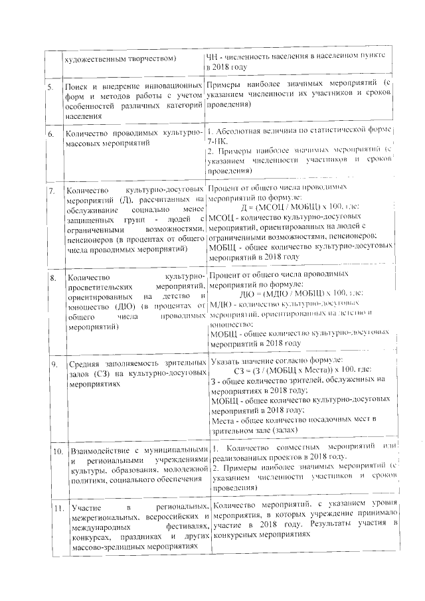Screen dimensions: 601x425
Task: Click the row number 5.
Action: pos(50,88)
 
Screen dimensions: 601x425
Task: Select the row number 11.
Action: pos(58,509)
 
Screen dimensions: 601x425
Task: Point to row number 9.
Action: pos(54,365)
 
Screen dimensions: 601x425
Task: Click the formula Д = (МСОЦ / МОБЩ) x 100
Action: pos(284,208)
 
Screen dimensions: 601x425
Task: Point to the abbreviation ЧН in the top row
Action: pos(212,58)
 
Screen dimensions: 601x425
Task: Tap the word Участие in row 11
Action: pos(86,509)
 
